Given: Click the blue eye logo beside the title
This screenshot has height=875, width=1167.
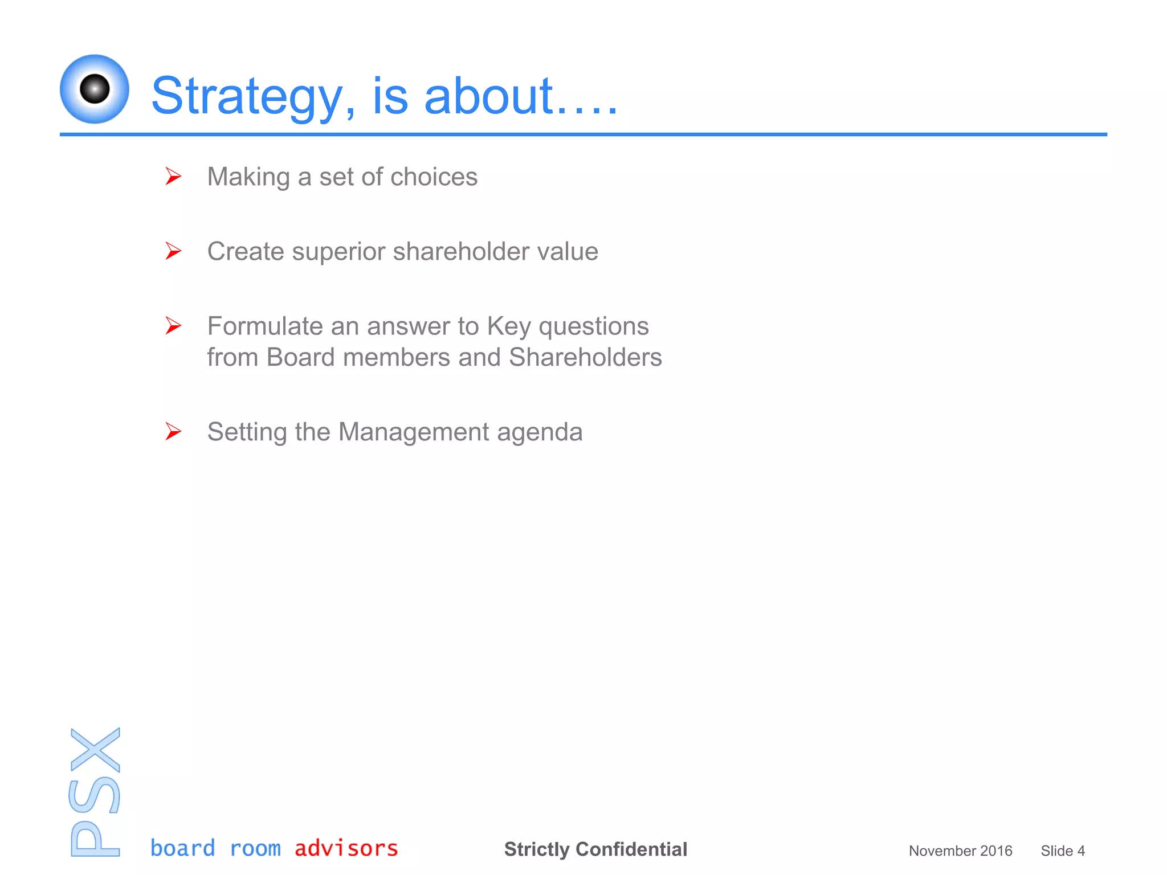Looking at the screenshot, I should click(94, 89).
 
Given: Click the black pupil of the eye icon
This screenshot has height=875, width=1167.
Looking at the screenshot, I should click(95, 89).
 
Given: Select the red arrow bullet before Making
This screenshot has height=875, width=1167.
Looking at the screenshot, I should click(173, 176).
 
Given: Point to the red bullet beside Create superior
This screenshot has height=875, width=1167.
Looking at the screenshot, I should click(173, 251).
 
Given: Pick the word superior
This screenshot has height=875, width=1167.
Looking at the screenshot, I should click(338, 252).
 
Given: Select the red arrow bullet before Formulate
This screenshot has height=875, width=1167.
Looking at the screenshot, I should click(173, 325).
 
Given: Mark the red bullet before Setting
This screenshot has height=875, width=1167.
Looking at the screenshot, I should click(173, 431).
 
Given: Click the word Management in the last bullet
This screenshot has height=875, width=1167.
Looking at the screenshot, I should click(414, 432).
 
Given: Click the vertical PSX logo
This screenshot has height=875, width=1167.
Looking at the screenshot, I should click(95, 792).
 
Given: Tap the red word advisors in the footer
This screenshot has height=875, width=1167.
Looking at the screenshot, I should click(346, 848).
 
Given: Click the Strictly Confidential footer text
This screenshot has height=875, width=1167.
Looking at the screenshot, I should click(595, 849).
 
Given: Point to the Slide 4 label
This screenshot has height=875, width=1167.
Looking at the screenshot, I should click(1062, 851).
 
